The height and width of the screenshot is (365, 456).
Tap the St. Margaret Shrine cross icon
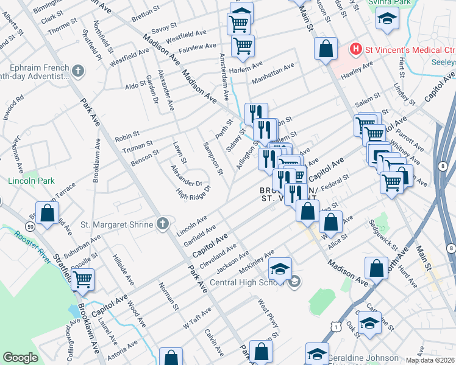click(x=162, y=224)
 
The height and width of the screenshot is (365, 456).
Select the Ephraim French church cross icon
click(x=77, y=72)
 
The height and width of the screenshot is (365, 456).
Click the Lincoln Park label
click(x=31, y=181)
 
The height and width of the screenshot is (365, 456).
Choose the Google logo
click(x=20, y=358)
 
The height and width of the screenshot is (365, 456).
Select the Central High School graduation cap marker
click(x=280, y=269)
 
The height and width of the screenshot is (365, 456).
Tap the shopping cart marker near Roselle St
click(x=83, y=280)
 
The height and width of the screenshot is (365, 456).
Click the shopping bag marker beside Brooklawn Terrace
click(x=47, y=213)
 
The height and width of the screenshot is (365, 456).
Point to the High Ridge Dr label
click(x=193, y=192)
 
